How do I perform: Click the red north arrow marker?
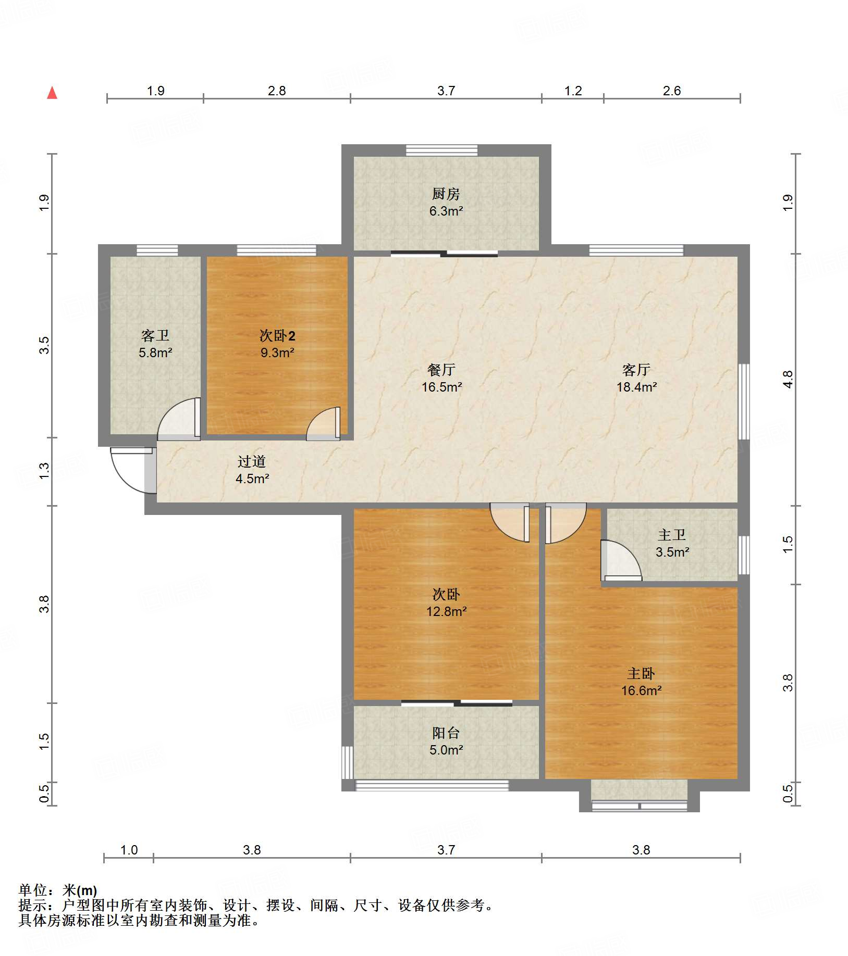(x=52, y=93)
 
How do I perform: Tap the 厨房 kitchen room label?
(x=446, y=194)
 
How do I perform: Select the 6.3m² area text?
(x=446, y=211)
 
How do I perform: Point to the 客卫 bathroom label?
(x=155, y=335)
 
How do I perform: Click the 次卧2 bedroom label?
(x=277, y=335)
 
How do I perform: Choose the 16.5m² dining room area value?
(x=442, y=387)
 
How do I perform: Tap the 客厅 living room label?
(x=636, y=370)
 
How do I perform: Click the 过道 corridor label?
(x=252, y=461)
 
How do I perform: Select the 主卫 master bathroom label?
(x=672, y=535)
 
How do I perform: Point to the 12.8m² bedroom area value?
(x=446, y=611)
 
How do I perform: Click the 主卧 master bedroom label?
(x=641, y=674)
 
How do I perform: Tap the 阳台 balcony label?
(x=446, y=733)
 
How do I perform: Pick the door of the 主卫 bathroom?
(x=621, y=560)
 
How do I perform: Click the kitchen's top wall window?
(x=441, y=150)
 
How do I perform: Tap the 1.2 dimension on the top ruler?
(x=573, y=91)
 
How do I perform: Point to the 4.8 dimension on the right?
(x=788, y=379)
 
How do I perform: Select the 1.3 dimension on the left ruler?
(x=44, y=471)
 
